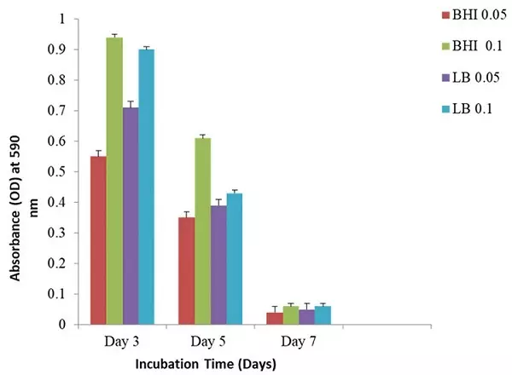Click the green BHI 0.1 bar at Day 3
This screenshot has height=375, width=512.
point(114,181)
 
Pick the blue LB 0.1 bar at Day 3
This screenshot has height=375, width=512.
point(147,187)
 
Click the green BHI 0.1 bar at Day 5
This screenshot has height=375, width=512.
point(202,231)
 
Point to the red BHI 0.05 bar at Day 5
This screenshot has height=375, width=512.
point(187,271)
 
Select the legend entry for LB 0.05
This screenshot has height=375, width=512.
point(457,77)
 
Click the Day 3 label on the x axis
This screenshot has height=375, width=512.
point(122,342)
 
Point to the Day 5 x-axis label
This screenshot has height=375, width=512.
point(210,342)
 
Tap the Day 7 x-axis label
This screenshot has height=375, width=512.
point(299,342)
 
